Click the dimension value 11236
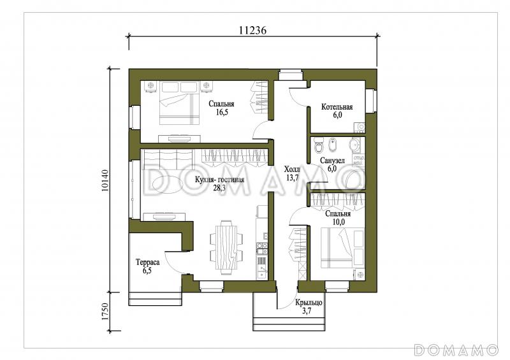tap(252, 30)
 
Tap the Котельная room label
tap(337, 106)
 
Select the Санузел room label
tap(332, 161)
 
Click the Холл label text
tap(292, 169)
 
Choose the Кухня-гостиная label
tap(219, 180)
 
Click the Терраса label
tap(147, 263)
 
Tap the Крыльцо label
tap(309, 303)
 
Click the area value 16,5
tap(221, 113)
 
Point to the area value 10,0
tap(339, 222)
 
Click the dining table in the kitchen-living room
tap(226, 247)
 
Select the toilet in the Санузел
tap(319, 145)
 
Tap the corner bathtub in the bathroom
tap(354, 180)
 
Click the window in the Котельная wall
tap(371, 101)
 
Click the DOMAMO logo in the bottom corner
tap(456, 350)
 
